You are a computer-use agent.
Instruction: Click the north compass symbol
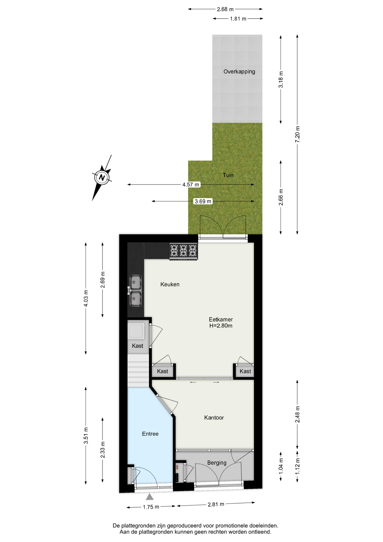102,178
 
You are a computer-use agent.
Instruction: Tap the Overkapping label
239,72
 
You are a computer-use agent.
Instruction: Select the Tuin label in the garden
228,175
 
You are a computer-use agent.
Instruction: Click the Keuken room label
170,284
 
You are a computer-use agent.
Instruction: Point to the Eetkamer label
221,320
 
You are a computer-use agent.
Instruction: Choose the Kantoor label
214,418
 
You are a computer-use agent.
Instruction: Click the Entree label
150,434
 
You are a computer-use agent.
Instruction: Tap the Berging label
217,463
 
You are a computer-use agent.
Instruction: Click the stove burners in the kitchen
183,251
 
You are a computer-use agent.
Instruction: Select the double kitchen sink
135,290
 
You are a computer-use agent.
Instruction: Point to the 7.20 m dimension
297,135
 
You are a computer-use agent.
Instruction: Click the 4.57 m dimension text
191,185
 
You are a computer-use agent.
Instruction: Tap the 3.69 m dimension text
203,201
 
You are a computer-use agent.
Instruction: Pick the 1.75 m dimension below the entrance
151,507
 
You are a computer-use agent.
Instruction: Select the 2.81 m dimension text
216,504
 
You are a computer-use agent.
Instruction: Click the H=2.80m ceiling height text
221,326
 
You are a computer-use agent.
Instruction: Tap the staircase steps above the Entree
138,371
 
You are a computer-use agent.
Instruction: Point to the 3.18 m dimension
281,80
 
